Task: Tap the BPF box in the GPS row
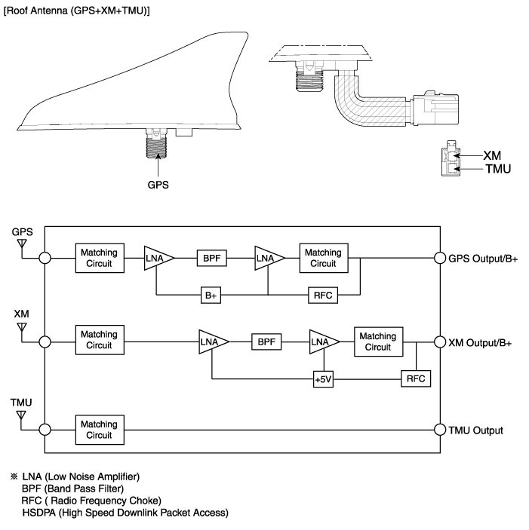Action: [x=211, y=258]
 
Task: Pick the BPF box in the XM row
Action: [x=266, y=342]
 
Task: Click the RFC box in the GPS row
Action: [x=324, y=294]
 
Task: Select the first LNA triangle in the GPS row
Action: [x=158, y=258]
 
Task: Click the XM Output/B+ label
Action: [x=480, y=342]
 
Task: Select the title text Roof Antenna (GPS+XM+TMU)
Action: [x=78, y=8]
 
